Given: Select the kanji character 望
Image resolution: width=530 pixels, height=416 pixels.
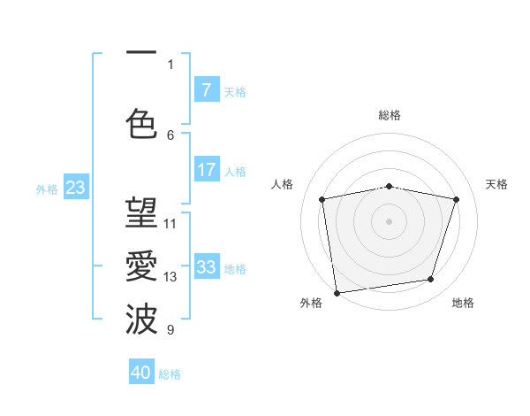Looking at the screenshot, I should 141,212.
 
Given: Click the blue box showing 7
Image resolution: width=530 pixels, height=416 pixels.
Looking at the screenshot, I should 206,89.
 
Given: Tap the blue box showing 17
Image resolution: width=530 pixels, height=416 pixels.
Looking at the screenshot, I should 206,170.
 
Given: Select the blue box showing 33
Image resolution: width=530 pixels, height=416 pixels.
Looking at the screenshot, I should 206,267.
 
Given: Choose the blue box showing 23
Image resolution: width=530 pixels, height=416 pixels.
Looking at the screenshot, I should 75,188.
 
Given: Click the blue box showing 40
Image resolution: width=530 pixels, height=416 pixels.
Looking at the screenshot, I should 141,373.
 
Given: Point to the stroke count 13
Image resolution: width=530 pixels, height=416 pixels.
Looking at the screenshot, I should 170,277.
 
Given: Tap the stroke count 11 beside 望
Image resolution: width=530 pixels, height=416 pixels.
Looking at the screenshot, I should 170,223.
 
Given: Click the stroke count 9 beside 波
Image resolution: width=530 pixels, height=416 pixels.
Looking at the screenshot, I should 170,330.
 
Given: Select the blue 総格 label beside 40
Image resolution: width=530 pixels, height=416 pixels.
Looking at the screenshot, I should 170,374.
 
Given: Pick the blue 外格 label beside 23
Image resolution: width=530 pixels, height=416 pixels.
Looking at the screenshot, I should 47,189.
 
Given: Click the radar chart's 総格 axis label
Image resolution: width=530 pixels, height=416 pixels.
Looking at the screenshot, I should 390,115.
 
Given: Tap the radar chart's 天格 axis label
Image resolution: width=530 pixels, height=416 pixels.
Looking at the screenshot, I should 496,184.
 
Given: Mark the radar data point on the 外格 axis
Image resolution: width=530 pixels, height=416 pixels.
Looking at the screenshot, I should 336,292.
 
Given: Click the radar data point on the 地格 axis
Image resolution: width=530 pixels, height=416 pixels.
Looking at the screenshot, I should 431,280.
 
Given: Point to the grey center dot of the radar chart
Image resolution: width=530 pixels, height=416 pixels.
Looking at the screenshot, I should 389,220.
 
